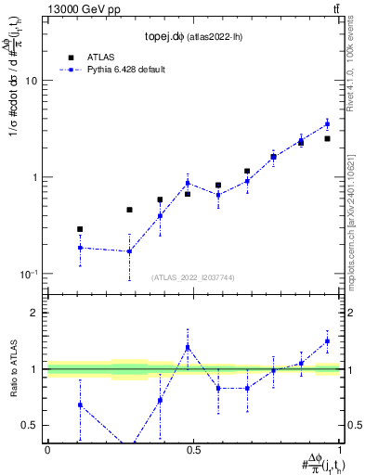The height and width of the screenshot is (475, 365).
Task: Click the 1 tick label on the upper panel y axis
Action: [35, 177]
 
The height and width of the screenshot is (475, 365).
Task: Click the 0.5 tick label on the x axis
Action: [193, 450]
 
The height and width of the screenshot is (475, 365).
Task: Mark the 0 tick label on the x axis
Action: [47, 450]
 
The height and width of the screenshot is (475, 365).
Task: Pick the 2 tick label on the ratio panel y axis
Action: [35, 313]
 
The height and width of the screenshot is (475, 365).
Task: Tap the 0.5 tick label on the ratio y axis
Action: [31, 426]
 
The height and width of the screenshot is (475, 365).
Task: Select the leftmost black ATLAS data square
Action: [80, 229]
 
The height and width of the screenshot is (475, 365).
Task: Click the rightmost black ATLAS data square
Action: [327, 138]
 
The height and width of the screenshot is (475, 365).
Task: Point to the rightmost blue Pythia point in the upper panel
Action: [327, 123]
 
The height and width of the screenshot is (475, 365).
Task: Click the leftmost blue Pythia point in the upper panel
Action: [80, 248]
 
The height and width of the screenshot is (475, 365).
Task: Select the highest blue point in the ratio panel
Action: [327, 340]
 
